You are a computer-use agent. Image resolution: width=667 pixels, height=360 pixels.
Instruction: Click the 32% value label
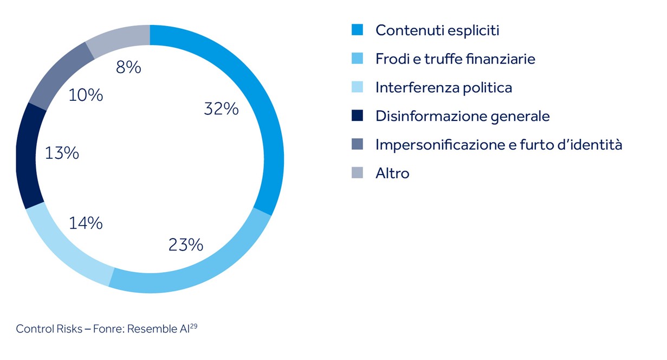pyautogui.click(x=221, y=109)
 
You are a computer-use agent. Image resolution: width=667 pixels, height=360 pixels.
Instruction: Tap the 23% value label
pyautogui.click(x=185, y=245)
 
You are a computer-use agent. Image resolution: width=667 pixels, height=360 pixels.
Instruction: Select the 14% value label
pyautogui.click(x=86, y=223)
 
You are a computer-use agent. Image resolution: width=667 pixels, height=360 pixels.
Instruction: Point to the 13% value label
pyautogui.click(x=62, y=153)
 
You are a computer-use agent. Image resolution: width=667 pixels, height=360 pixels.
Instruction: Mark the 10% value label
pyautogui.click(x=86, y=95)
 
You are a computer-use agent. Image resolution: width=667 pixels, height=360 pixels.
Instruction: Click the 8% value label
pyautogui.click(x=128, y=68)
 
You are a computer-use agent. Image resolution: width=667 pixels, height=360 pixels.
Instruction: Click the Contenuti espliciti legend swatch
pyautogui.click(x=357, y=30)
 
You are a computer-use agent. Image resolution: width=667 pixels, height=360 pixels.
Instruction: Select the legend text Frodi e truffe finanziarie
pyautogui.click(x=455, y=59)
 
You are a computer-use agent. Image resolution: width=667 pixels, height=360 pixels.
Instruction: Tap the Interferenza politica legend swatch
pyautogui.click(x=357, y=87)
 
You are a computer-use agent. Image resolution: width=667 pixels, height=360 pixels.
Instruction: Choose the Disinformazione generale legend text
pyautogui.click(x=462, y=116)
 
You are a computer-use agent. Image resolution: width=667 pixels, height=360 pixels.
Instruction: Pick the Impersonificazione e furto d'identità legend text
pyautogui.click(x=498, y=145)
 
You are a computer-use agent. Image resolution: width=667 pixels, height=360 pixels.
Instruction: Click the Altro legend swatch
pyautogui.click(x=357, y=173)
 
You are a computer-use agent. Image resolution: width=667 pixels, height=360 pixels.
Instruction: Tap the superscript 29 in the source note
pyautogui.click(x=193, y=326)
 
